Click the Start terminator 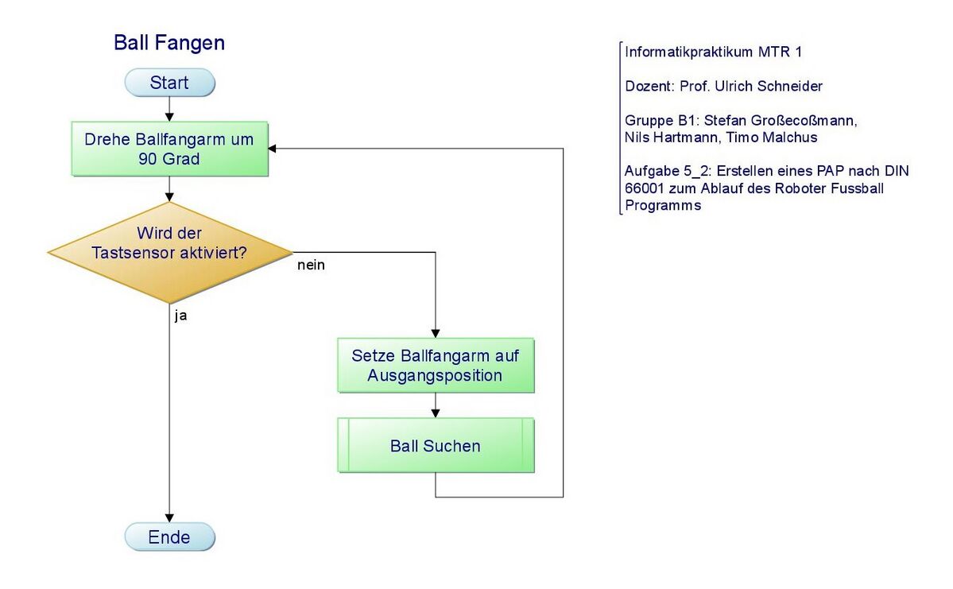tap(169, 83)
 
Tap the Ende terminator tap(169, 537)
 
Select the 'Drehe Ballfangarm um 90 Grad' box tap(169, 149)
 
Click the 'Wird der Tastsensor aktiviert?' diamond tap(169, 252)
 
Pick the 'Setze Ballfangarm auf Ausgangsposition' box tap(436, 366)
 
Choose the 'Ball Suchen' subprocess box tap(436, 446)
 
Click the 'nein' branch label tap(312, 265)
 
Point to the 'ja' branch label tap(180, 316)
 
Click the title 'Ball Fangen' tap(169, 43)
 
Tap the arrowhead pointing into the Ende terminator tap(169, 518)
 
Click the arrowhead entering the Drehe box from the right tap(273, 149)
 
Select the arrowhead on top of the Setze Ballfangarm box tap(436, 334)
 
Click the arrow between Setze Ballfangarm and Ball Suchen tap(436, 405)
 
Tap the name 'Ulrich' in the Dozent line tap(732, 87)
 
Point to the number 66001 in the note tap(645, 188)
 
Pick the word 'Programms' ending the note tap(663, 205)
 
